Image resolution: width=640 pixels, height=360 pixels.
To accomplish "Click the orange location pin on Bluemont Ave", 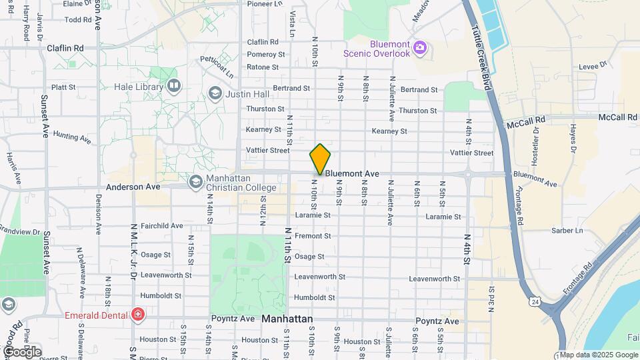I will tap(320, 159).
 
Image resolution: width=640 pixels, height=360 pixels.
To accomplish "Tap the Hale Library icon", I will tap(174, 86).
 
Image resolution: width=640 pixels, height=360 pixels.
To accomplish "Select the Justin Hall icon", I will tap(215, 93).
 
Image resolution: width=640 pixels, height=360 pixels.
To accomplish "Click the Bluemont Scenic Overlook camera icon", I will tap(419, 47).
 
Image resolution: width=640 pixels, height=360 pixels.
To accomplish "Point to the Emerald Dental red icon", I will tap(138, 314).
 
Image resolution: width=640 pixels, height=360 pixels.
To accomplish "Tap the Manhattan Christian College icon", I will tap(195, 181).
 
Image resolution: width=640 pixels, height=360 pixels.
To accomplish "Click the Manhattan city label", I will tap(287, 319).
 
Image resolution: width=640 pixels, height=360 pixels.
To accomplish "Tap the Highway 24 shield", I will tap(535, 302).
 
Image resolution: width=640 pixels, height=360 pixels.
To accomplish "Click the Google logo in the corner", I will tap(21, 351).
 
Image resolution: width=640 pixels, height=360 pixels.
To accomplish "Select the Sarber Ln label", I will tap(567, 231).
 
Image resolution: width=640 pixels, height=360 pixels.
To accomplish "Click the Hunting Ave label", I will tap(72, 137).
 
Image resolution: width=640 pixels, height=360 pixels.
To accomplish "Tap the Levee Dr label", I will tap(595, 65).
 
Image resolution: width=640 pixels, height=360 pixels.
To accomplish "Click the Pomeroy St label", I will tap(266, 54).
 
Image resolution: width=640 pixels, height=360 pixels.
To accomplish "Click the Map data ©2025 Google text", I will tap(599, 355).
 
